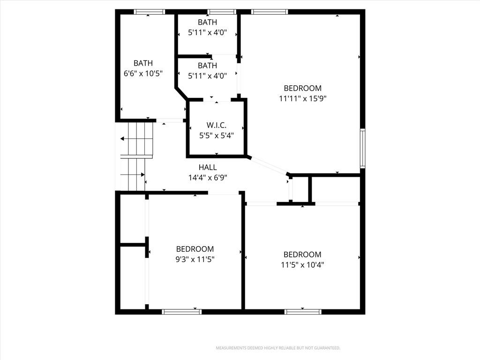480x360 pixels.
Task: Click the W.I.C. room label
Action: [x=217, y=125]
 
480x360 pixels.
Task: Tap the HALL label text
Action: [x=208, y=167]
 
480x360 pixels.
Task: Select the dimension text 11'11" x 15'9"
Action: [x=303, y=98]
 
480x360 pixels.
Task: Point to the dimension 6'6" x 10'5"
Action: [x=143, y=74]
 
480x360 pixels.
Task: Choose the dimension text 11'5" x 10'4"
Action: [x=302, y=265]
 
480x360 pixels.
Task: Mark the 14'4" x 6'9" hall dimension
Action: [x=208, y=178]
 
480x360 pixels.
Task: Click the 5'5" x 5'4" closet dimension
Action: [x=217, y=135]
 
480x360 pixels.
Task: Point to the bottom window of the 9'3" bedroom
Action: [x=181, y=312]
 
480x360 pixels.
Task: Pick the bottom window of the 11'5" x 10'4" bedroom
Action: [x=303, y=312]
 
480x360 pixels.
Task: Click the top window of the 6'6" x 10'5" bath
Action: [x=150, y=12]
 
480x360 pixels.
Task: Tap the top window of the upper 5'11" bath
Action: [x=222, y=12]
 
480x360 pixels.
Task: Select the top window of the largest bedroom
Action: [x=270, y=12]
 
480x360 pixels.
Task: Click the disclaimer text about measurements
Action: [x=278, y=348]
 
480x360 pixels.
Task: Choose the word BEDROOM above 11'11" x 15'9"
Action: [x=303, y=88]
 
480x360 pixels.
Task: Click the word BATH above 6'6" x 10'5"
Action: [x=143, y=63]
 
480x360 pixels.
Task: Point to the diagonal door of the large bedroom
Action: [x=269, y=166]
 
